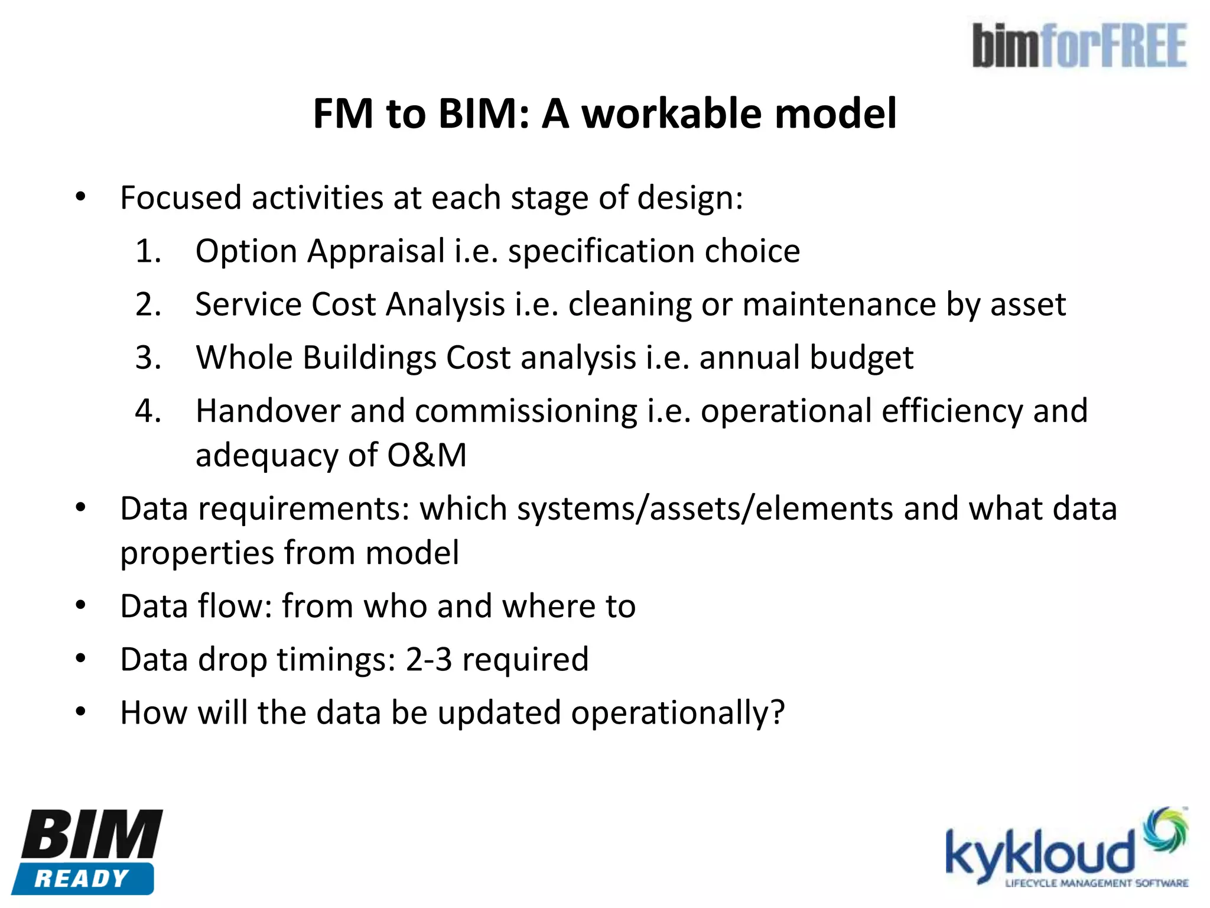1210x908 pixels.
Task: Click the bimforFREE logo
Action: pyautogui.click(x=1079, y=46)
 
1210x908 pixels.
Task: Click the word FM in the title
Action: pyautogui.click(x=343, y=113)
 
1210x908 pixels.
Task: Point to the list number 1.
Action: pyautogui.click(x=148, y=251)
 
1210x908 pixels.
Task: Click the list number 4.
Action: pyautogui.click(x=148, y=411)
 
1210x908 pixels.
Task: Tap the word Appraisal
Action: pyautogui.click(x=376, y=251)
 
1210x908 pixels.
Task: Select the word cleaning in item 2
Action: pyautogui.click(x=629, y=305)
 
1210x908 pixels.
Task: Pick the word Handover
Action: pyautogui.click(x=268, y=411)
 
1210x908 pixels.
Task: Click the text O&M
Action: pyautogui.click(x=427, y=456)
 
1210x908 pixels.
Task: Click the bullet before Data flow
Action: pyautogui.click(x=81, y=606)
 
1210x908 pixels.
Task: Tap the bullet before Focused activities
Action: pyautogui.click(x=81, y=197)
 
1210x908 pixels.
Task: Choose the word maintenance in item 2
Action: pyautogui.click(x=839, y=305)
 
